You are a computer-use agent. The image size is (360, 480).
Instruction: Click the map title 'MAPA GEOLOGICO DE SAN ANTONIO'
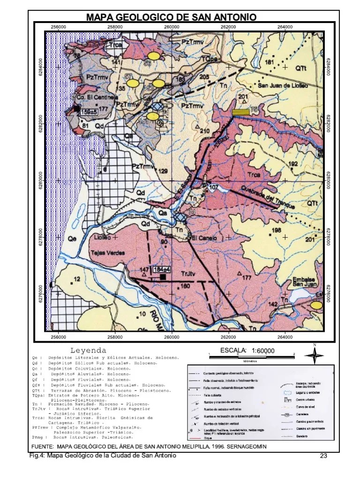(x=172, y=17)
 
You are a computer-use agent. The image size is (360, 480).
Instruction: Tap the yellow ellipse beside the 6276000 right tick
(x=317, y=305)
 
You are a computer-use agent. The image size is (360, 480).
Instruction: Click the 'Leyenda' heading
(x=88, y=350)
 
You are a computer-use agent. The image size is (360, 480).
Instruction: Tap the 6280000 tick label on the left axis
(x=39, y=181)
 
